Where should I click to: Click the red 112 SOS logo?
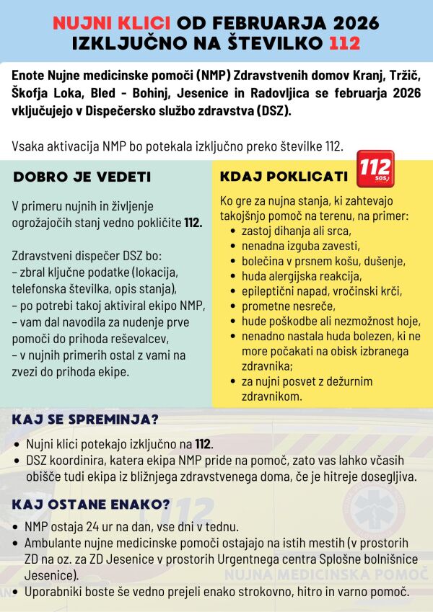375,169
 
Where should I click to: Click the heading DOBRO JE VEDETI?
82,177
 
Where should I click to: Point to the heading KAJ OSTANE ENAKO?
90,503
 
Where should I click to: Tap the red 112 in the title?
344,43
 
